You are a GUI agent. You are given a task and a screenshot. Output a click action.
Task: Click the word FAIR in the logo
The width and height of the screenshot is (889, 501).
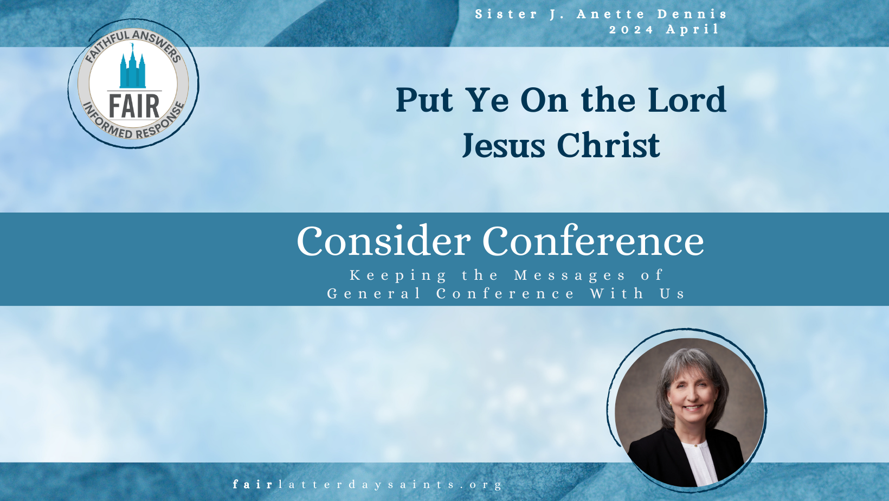[x=134, y=106]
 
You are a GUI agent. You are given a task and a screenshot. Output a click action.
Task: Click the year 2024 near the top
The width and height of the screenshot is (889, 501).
[x=631, y=30]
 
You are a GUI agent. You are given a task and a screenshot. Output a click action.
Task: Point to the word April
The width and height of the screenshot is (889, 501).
[x=692, y=30]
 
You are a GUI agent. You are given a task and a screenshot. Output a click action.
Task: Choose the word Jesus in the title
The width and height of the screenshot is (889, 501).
[x=504, y=145]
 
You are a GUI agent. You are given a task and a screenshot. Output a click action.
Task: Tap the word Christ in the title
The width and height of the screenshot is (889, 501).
[x=608, y=145]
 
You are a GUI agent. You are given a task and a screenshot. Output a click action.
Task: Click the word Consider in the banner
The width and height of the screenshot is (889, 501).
[x=383, y=241]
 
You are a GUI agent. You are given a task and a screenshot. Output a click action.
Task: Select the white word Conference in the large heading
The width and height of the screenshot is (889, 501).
[x=593, y=241]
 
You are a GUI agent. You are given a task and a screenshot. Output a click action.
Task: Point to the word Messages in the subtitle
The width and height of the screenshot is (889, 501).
[x=570, y=275]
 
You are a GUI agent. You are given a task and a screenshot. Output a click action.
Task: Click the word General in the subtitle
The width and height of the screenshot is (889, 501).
[x=373, y=294]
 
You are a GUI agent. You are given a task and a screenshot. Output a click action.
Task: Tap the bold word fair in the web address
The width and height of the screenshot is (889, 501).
[x=252, y=485]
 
